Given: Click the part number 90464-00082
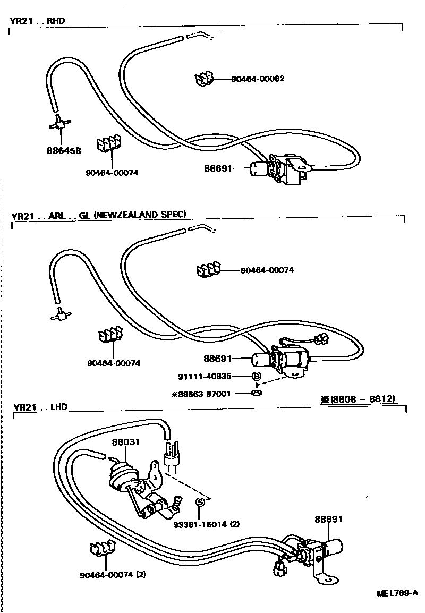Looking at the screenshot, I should (258, 79).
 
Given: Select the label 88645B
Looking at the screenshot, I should (64, 150).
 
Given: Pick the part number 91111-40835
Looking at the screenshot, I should (205, 377).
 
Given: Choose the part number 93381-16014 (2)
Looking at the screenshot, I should (207, 524).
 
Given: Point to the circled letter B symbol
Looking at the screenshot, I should (256, 377).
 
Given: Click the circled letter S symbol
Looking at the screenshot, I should (200, 502).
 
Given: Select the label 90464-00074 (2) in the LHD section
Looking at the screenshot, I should (113, 574).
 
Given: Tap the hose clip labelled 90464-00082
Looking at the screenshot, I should (203, 79).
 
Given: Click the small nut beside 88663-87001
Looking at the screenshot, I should (256, 393).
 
